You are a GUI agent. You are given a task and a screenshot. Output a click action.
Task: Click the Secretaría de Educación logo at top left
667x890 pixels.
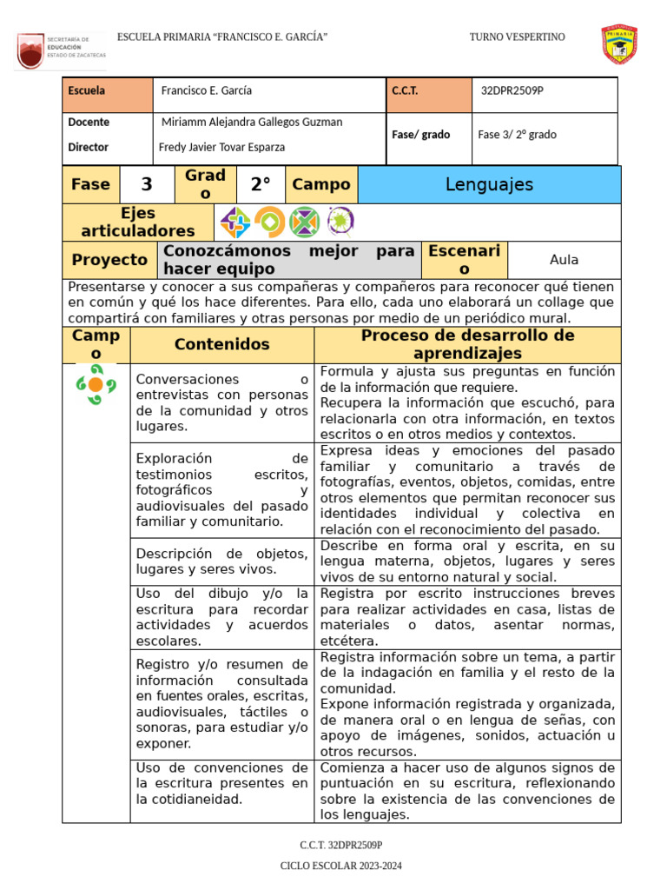(x=61, y=51)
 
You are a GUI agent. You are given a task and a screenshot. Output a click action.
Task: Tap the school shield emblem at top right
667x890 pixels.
(x=619, y=44)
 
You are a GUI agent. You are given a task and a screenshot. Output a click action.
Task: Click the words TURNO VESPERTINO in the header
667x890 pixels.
(x=517, y=37)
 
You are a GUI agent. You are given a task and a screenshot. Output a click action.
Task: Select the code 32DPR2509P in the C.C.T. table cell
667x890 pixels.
(x=512, y=91)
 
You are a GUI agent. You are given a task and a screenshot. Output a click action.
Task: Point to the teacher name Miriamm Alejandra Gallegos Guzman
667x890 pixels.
(x=252, y=123)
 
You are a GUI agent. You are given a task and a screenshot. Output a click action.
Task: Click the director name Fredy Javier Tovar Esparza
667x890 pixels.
(x=221, y=148)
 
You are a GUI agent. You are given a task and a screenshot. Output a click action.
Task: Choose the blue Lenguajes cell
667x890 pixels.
(x=489, y=184)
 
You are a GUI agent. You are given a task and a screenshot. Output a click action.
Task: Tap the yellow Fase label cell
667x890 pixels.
(x=90, y=184)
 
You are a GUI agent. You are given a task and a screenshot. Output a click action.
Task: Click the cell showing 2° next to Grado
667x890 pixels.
(x=261, y=184)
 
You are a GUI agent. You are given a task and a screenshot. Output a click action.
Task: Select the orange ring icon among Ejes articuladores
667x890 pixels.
(x=269, y=222)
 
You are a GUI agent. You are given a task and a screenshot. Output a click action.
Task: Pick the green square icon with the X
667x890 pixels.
(x=304, y=222)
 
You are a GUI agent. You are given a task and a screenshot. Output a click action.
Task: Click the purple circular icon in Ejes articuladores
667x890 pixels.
(x=340, y=222)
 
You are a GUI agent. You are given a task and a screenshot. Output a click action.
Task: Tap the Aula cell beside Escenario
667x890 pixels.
(x=564, y=260)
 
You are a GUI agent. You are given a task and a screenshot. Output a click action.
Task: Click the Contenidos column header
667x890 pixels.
(x=221, y=344)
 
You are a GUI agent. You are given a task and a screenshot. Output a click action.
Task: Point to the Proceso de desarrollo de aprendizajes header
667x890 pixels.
(x=467, y=344)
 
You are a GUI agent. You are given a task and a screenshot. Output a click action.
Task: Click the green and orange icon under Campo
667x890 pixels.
(x=96, y=385)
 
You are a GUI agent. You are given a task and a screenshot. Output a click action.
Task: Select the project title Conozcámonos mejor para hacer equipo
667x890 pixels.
(x=288, y=260)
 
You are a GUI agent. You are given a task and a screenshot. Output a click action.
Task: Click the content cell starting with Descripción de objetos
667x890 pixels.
(x=221, y=561)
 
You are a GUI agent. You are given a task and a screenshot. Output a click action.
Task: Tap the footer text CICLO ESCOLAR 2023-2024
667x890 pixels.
(x=340, y=867)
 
